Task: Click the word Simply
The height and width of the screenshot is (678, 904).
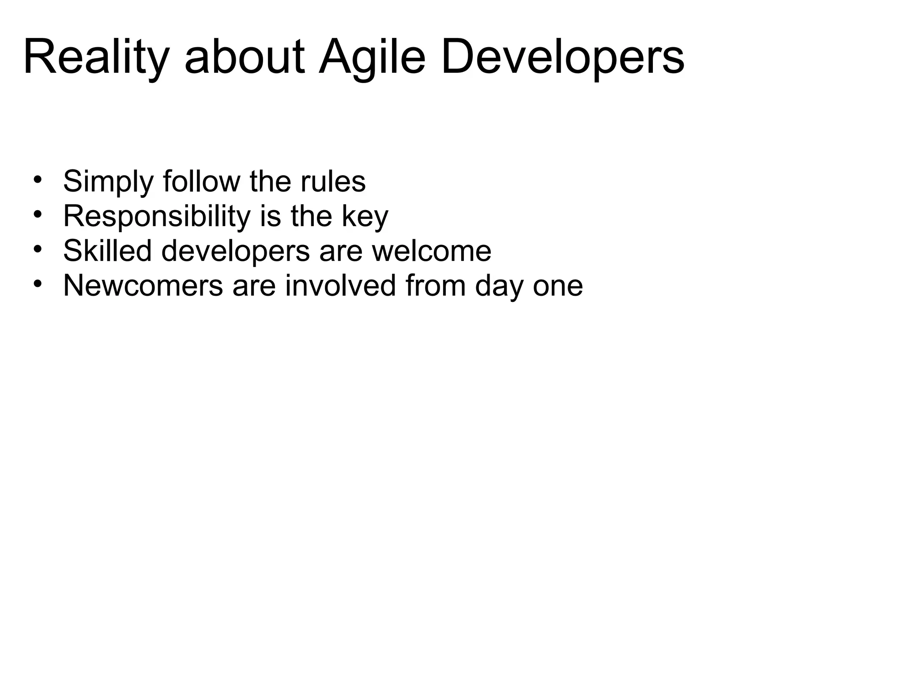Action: (109, 182)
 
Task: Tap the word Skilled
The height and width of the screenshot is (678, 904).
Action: (107, 251)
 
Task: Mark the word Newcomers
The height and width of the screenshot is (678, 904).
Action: (143, 286)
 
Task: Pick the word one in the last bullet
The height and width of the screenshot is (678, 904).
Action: (557, 286)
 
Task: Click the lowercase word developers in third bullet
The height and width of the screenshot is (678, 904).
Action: (235, 252)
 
